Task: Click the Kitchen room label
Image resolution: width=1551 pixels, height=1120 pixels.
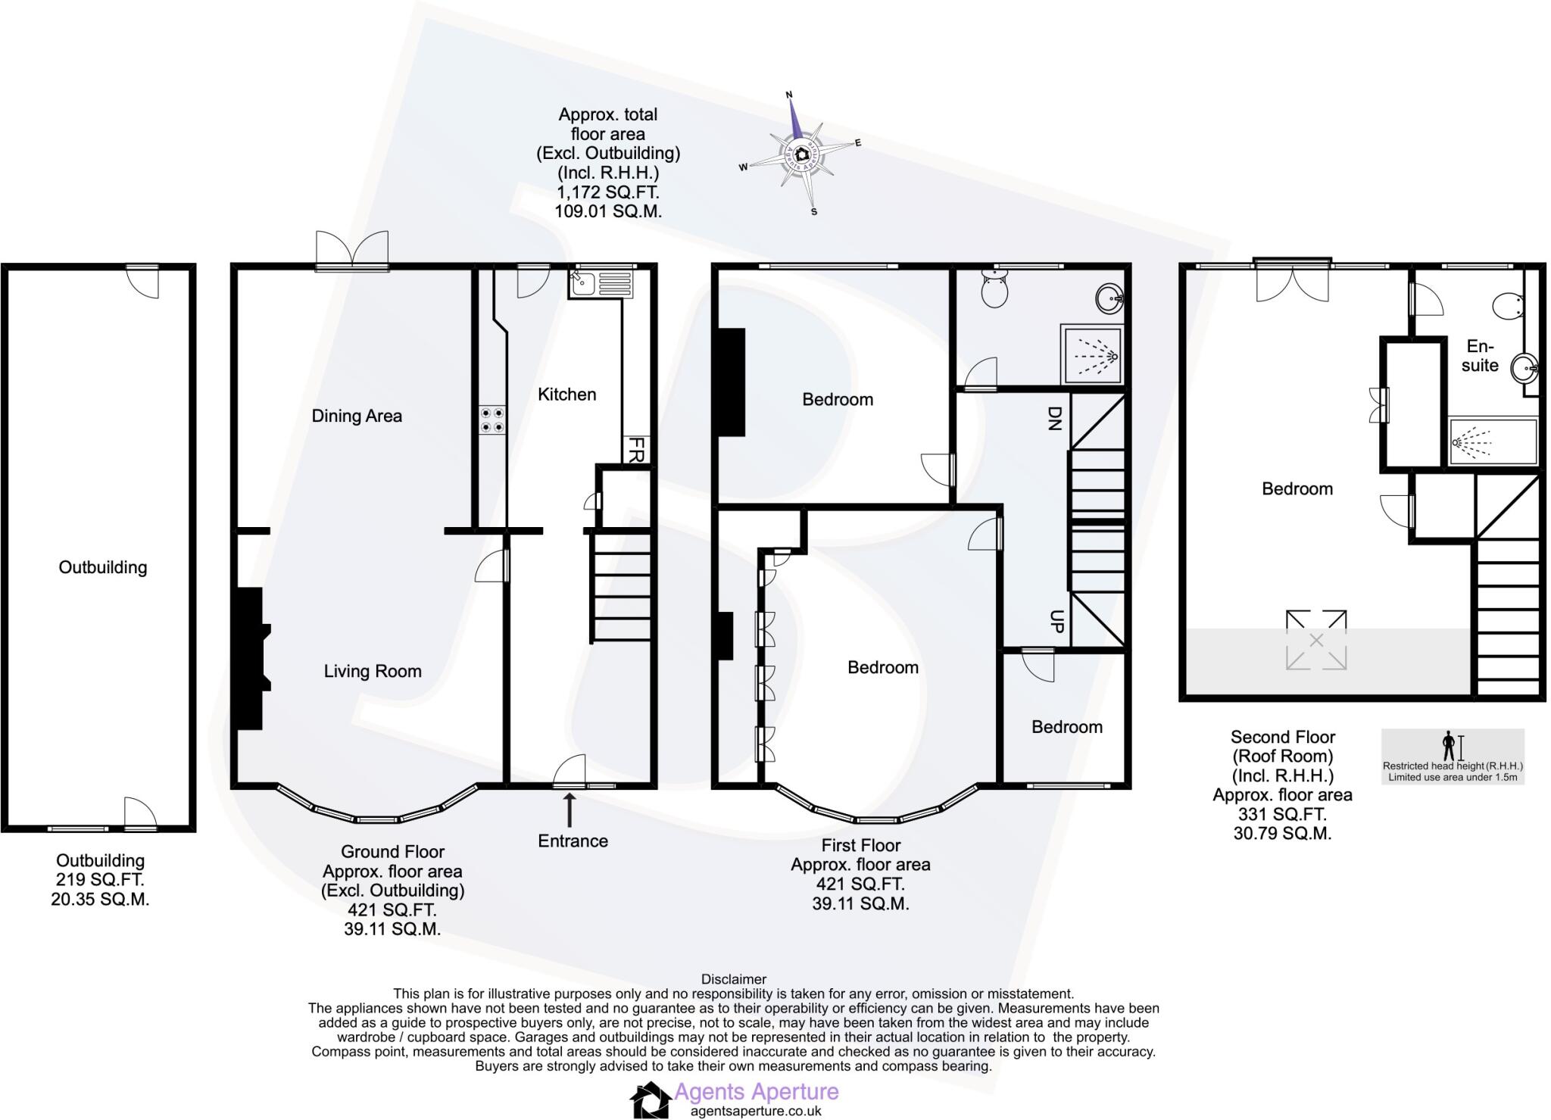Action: click(566, 395)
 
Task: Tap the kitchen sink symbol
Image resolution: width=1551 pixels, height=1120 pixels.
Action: click(583, 284)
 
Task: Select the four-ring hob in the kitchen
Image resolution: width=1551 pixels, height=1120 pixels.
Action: click(493, 420)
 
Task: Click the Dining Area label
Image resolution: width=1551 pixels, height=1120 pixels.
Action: click(357, 416)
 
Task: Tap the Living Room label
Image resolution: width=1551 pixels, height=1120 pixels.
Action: click(372, 671)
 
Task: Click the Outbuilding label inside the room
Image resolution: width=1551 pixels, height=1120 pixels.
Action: click(102, 567)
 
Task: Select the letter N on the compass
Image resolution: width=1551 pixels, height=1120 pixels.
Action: click(788, 95)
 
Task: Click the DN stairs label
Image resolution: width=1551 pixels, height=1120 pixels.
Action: click(1054, 417)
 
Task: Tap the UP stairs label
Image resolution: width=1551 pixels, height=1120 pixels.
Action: click(1057, 622)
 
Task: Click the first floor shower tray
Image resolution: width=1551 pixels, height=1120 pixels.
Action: click(1091, 354)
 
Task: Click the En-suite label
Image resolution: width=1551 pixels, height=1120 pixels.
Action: click(1480, 356)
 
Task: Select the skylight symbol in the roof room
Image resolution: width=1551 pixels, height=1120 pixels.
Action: click(1316, 641)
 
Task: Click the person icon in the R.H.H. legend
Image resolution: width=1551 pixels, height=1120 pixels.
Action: click(1449, 746)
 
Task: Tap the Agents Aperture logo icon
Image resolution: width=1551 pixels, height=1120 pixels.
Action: click(650, 1100)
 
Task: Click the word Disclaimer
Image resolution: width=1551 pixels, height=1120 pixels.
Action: click(733, 979)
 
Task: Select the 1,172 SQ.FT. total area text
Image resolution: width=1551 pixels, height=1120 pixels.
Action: click(607, 192)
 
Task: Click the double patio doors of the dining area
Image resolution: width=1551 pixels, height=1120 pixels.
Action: click(352, 248)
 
